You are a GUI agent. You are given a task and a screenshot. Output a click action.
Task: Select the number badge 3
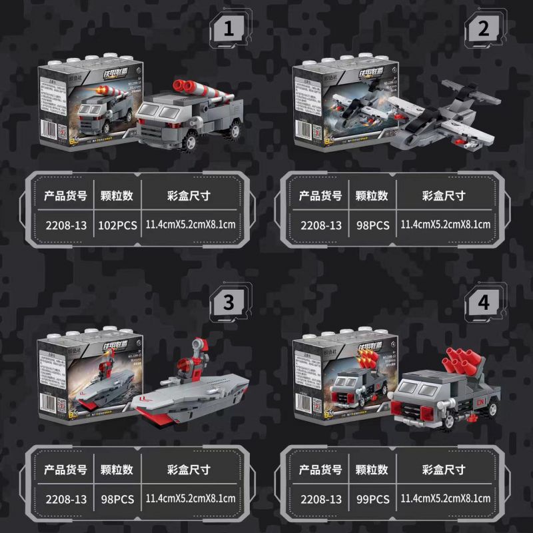point(229,302)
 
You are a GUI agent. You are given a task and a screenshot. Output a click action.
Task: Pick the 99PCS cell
point(372,498)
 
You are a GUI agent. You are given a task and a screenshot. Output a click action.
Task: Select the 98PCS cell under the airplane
point(372,225)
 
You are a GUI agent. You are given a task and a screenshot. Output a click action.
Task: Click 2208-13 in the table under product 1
point(65,225)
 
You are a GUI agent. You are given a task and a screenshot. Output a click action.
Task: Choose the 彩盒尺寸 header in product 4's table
point(444,469)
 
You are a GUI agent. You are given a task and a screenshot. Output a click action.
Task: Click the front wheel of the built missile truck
point(193,141)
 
